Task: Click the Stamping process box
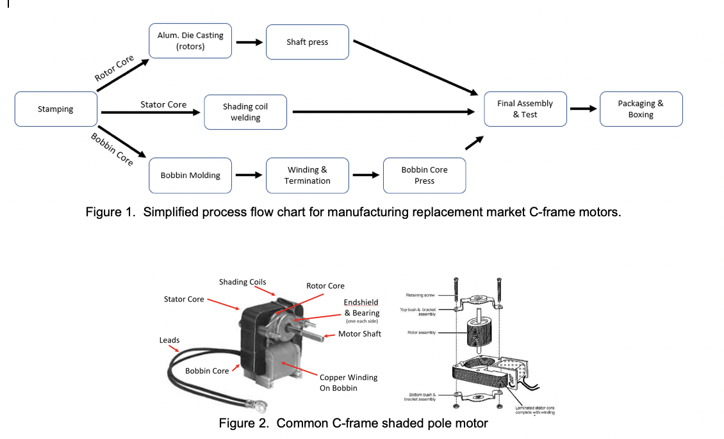click(56, 109)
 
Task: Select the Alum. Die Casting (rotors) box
click(190, 41)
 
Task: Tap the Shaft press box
click(308, 42)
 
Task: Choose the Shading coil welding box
click(245, 112)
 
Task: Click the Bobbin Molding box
click(190, 175)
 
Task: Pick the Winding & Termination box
click(308, 175)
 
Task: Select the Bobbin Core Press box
click(424, 175)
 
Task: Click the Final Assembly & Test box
click(525, 109)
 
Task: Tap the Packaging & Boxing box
click(641, 109)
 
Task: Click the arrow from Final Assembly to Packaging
click(583, 108)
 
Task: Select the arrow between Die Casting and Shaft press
click(249, 43)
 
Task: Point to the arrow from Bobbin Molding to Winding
click(249, 175)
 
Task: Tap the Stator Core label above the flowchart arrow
click(163, 104)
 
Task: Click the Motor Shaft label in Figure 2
click(359, 334)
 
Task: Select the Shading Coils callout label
click(242, 282)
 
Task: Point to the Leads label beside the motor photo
click(169, 340)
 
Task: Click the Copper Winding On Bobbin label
click(349, 383)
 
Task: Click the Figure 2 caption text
click(353, 424)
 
